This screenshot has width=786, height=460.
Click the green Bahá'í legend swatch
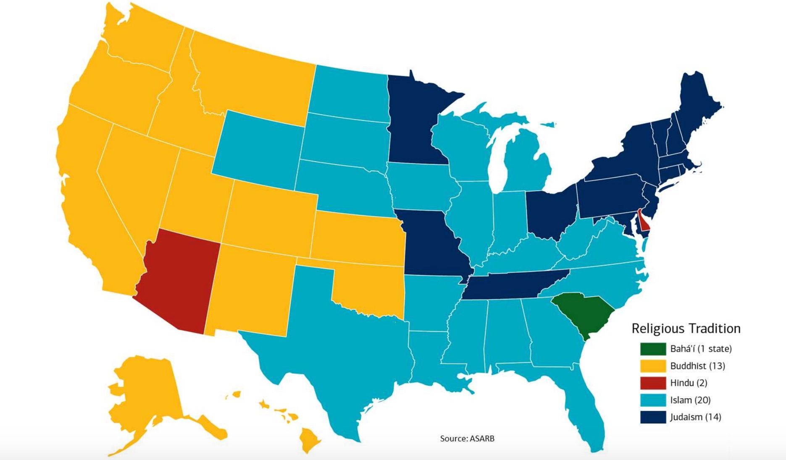coord(653,349)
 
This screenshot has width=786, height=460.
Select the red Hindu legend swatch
coord(653,383)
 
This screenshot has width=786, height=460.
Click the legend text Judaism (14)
coord(695,417)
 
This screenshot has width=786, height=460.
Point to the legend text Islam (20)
coord(690,400)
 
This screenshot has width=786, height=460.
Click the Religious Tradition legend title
coord(686,328)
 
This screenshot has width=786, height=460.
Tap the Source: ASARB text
coord(467,439)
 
